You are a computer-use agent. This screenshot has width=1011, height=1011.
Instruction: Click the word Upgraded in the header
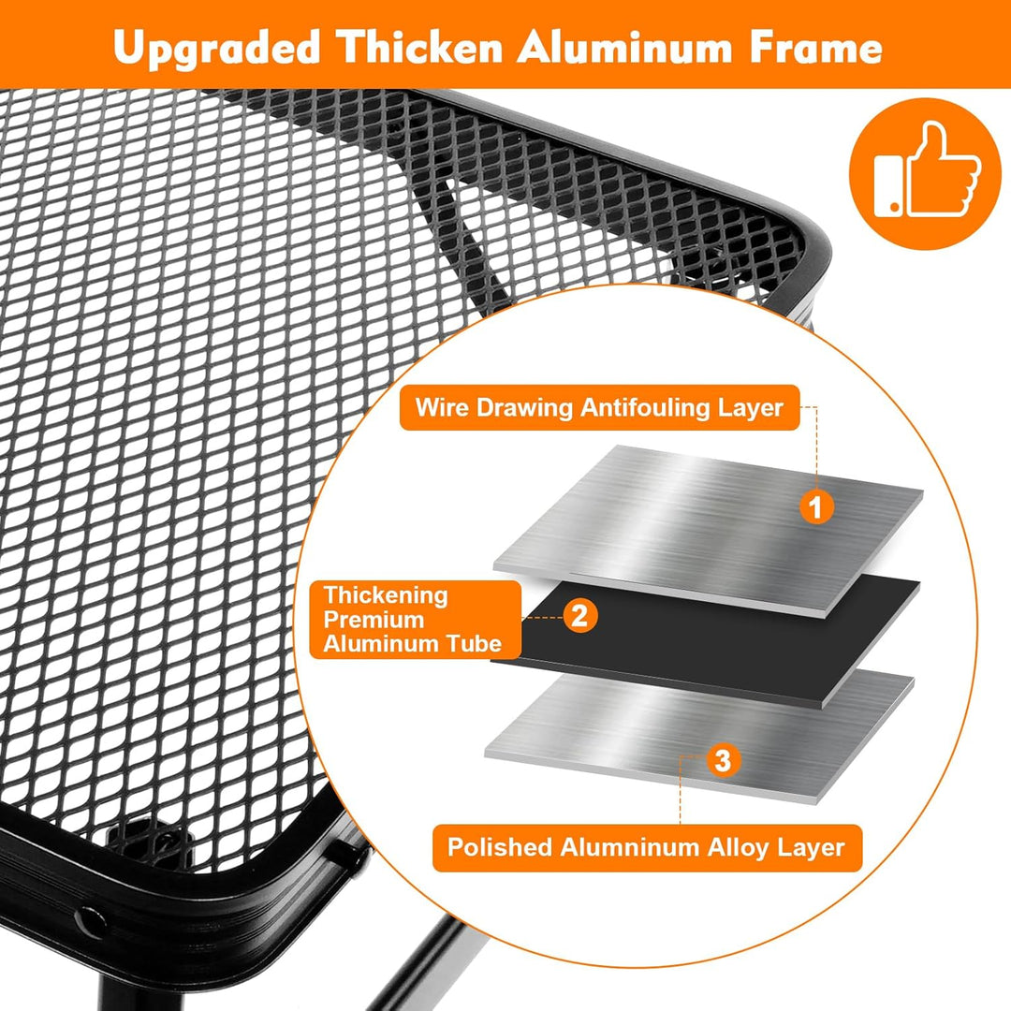pos(216,49)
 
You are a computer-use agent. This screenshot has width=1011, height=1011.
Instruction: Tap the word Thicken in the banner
pos(419,47)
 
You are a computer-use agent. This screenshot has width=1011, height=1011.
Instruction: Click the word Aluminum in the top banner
pos(625,47)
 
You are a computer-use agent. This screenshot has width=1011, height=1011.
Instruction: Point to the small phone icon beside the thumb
pos(889,183)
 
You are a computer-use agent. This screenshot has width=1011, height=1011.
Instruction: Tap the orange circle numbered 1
pos(817,506)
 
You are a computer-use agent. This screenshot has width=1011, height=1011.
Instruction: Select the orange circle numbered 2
pos(580,615)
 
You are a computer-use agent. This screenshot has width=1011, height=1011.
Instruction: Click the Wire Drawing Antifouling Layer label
pos(600,407)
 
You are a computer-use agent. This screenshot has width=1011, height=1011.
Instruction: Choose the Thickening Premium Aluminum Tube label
pos(416,619)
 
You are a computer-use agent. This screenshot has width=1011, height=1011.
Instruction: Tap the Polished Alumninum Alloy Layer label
pos(647,847)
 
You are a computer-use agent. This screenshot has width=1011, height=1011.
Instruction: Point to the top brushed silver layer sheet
pos(708,530)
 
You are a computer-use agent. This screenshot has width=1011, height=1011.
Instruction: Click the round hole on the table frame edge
pos(91,923)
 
